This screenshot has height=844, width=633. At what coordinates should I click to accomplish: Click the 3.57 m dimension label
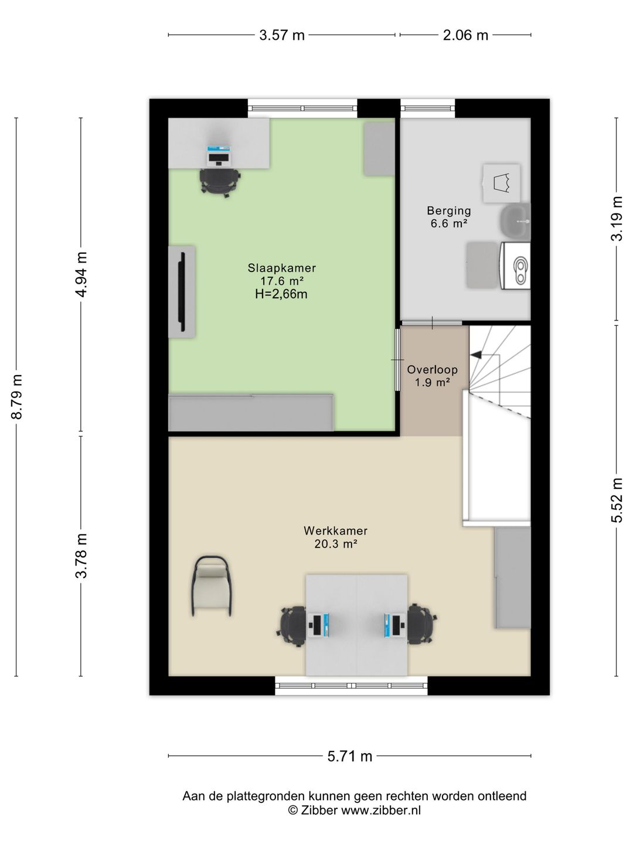(x=282, y=35)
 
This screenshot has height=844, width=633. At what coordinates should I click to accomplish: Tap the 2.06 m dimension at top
(x=465, y=35)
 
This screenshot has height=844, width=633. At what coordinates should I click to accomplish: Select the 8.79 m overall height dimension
(x=16, y=396)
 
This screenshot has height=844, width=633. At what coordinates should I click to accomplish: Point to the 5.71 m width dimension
(x=350, y=756)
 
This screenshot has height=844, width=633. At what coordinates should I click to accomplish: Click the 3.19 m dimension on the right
(x=617, y=219)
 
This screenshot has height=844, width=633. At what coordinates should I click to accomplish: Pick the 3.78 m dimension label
(x=81, y=556)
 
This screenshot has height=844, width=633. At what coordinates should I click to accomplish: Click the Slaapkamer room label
(x=282, y=268)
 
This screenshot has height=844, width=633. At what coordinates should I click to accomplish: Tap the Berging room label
(x=449, y=210)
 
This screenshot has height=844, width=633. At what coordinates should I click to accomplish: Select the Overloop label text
(x=433, y=369)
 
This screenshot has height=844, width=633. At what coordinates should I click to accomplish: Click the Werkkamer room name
(x=335, y=530)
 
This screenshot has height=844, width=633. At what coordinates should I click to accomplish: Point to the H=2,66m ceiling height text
(x=281, y=294)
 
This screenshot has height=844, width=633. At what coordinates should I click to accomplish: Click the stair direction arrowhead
(x=475, y=355)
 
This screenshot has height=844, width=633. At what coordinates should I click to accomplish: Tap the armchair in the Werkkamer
(x=212, y=586)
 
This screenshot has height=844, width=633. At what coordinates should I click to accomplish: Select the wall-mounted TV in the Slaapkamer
(x=182, y=291)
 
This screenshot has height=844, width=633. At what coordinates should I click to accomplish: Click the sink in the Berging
(x=515, y=221)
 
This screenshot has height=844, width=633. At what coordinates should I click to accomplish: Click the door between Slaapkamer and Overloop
(x=398, y=359)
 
